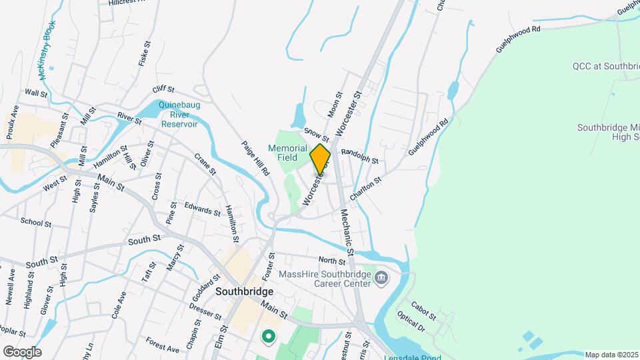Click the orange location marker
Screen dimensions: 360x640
point(321,159)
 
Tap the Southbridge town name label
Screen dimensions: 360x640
point(245,292)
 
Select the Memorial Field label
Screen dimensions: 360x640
point(287,153)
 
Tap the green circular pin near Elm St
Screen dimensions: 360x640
point(269,337)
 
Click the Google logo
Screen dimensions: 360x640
point(22,351)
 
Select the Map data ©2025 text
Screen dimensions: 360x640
point(611,355)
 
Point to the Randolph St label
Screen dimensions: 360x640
point(360,157)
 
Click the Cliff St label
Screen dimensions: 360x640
point(163,89)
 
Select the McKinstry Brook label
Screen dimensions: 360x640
point(47,51)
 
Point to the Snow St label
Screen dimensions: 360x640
point(317,135)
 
